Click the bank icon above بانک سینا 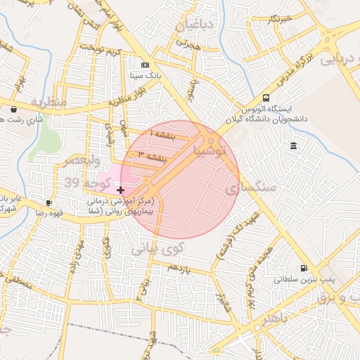pos(145,64)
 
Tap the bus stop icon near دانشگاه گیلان pos(266,98)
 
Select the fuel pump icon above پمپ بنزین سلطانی pos(304,268)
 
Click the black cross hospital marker pos(121,190)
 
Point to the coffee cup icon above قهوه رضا pos(49,202)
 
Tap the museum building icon pos(292,146)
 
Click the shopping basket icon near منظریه pos(15,109)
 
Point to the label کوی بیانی pos(157,247)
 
